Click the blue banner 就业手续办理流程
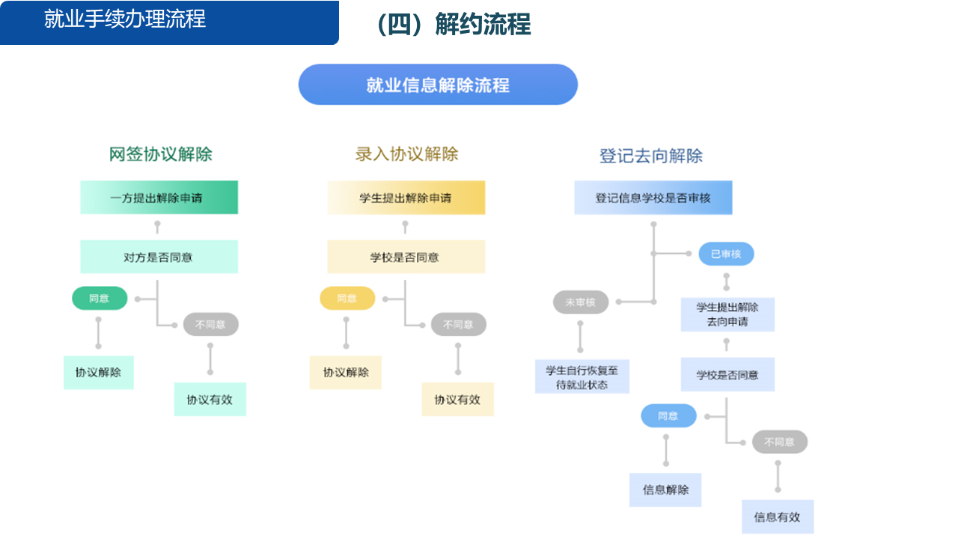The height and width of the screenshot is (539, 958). [x=169, y=22]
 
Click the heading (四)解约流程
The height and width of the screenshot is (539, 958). [x=454, y=25]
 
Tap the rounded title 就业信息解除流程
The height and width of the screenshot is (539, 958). [x=438, y=85]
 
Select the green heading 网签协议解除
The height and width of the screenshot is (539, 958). [x=161, y=154]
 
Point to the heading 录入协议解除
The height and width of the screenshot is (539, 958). [x=406, y=154]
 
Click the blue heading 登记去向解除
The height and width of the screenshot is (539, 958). [x=651, y=156]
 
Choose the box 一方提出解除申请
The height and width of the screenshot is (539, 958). [x=159, y=198]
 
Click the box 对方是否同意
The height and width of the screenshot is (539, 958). [x=159, y=257]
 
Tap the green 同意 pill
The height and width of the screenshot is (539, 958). [x=100, y=299]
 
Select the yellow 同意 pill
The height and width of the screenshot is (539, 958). [x=347, y=299]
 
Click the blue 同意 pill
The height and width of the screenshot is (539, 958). [x=668, y=415]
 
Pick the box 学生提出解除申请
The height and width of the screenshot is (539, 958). [x=406, y=198]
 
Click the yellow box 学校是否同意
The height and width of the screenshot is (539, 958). [x=406, y=257]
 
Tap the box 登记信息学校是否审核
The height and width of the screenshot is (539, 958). [x=653, y=198]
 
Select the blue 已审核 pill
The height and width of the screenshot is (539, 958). [x=726, y=254]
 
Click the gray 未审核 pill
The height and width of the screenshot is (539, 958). [x=581, y=302]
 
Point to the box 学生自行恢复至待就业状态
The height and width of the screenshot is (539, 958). [x=582, y=377]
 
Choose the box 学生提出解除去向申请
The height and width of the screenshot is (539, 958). [x=727, y=314]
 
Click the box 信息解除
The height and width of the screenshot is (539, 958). [x=665, y=490]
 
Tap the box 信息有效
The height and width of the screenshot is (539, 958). [x=778, y=517]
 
